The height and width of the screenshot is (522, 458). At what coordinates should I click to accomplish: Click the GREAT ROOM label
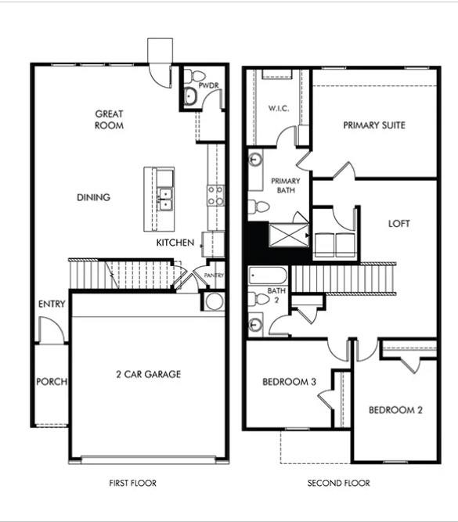tap(109, 119)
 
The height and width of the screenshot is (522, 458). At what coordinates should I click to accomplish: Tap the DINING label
tap(93, 197)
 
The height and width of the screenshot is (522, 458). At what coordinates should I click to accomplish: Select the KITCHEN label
tap(175, 243)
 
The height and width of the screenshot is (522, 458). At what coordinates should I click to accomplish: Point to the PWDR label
tap(207, 85)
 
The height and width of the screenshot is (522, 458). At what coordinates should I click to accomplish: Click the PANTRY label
tap(214, 275)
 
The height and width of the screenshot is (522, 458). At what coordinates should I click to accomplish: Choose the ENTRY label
tap(52, 304)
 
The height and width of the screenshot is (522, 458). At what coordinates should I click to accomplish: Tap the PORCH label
tap(52, 382)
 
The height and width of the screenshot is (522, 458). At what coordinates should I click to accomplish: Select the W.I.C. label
tap(279, 108)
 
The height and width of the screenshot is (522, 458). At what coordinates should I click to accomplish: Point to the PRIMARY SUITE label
tap(374, 124)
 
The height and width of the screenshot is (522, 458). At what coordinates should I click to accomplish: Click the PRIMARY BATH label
tap(281, 185)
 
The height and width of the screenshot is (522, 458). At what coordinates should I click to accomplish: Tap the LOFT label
tap(399, 224)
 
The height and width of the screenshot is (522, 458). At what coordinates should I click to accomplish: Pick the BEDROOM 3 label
tap(289, 382)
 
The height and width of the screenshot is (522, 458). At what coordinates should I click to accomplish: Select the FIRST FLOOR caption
tap(132, 484)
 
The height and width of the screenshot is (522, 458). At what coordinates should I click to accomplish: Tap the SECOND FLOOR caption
tap(338, 484)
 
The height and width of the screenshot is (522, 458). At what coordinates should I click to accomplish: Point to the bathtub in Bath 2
tap(268, 277)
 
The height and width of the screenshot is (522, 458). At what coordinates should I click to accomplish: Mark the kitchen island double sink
tap(164, 199)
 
